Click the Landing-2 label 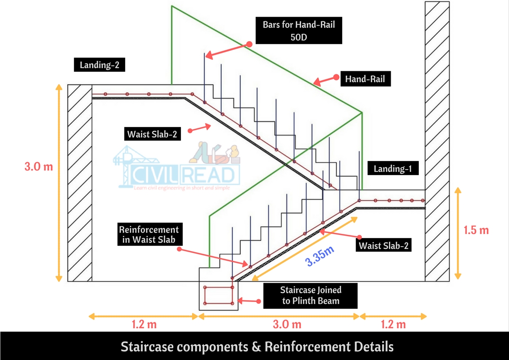click(99, 64)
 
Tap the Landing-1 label click(393, 169)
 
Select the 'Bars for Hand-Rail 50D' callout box click(299, 30)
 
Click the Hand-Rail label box click(365, 79)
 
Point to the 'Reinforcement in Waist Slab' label click(149, 234)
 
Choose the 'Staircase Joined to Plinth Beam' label click(310, 296)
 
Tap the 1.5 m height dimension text click(476, 230)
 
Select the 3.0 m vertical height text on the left click(39, 166)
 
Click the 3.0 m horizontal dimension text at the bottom click(287, 324)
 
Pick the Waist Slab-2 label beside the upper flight click(152, 134)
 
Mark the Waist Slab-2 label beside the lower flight click(383, 245)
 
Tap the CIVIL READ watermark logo click(177, 167)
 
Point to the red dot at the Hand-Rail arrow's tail click(336, 77)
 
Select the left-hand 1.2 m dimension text click(144, 324)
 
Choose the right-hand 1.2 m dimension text click(393, 324)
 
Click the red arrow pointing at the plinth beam click(249, 301)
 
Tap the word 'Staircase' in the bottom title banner click(147, 346)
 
